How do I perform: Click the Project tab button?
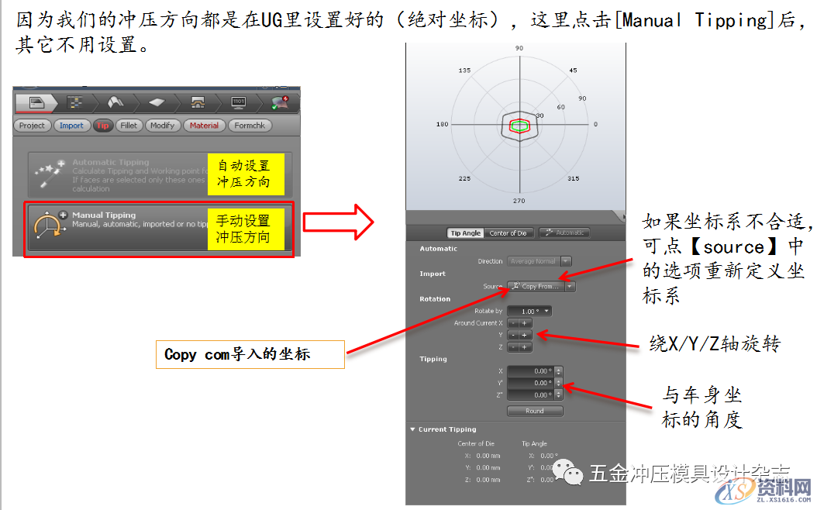pyautogui.click(x=33, y=126)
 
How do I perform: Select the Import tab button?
pyautogui.click(x=71, y=126)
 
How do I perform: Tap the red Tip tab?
pyautogui.click(x=103, y=126)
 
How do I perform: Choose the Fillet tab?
pyautogui.click(x=129, y=126)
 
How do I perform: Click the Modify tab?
pyautogui.click(x=162, y=126)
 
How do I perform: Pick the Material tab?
pyautogui.click(x=204, y=126)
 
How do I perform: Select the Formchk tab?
pyautogui.click(x=250, y=126)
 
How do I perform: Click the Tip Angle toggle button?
pyautogui.click(x=466, y=233)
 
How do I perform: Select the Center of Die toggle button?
pyautogui.click(x=508, y=233)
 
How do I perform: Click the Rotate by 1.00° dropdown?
pyautogui.click(x=530, y=311)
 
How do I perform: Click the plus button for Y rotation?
pyautogui.click(x=525, y=335)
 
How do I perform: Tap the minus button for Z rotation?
pyautogui.click(x=513, y=347)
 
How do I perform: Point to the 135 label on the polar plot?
pyautogui.click(x=465, y=71)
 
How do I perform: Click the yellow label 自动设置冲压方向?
pyautogui.click(x=244, y=174)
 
